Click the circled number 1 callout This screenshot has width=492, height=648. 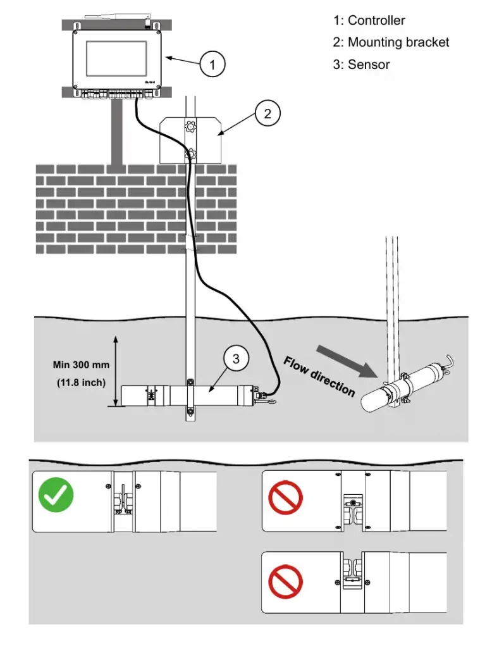point(212,64)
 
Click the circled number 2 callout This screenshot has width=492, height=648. point(268,113)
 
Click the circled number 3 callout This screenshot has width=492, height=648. point(236,359)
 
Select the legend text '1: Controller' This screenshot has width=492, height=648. point(369,20)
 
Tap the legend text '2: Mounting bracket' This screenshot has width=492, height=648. point(391,42)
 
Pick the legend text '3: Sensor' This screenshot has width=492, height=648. point(361,65)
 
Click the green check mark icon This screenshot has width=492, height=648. point(56,495)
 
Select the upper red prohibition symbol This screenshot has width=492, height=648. point(285,499)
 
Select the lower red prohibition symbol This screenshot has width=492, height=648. point(285,582)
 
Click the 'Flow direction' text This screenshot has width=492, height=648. point(319,377)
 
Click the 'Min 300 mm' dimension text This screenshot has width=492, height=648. point(81,365)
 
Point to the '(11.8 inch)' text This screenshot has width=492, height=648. point(81,382)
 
